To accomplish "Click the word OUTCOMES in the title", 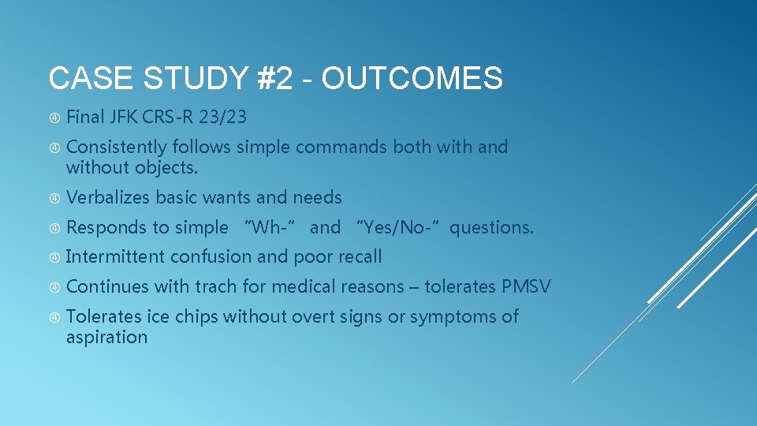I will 412,79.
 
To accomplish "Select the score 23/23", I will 223,118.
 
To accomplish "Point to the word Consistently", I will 117,148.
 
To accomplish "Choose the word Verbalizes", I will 108,197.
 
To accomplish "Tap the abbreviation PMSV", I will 526,286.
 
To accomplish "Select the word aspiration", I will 106,337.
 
